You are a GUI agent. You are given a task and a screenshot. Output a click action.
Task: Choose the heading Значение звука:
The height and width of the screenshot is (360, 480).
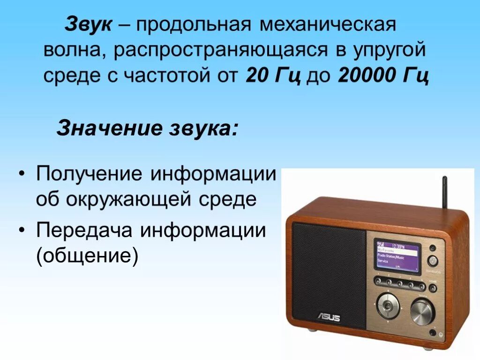coord(147,128)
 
